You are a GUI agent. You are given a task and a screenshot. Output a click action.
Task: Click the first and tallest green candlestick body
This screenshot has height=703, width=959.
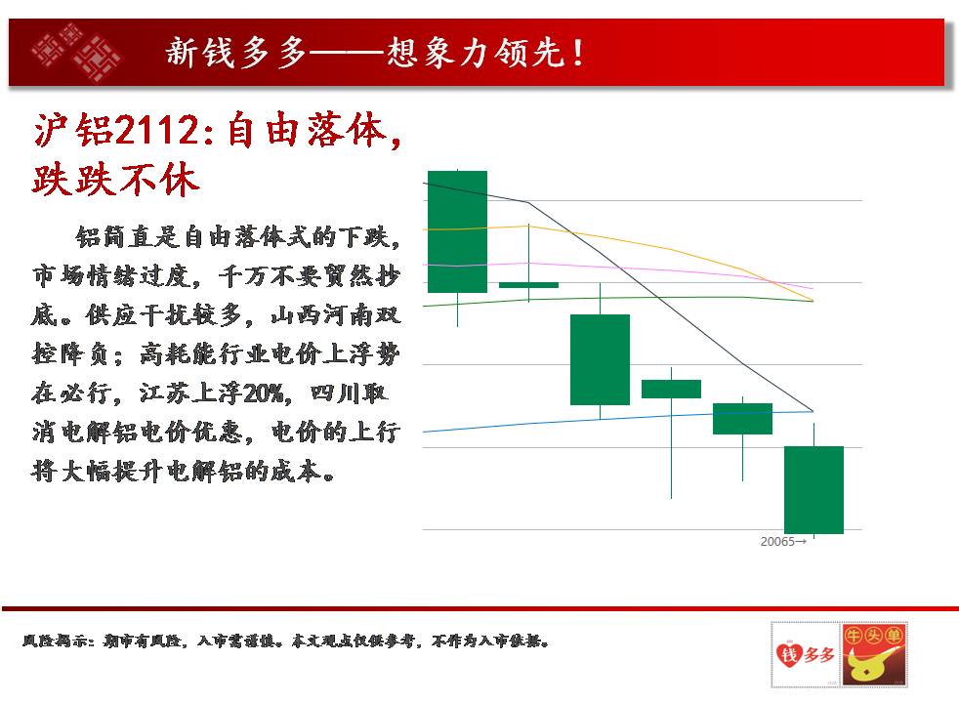point(457,231)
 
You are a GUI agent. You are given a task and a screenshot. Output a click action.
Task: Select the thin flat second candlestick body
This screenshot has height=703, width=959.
point(528,285)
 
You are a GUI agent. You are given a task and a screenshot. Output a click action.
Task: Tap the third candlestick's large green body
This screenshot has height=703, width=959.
point(600,359)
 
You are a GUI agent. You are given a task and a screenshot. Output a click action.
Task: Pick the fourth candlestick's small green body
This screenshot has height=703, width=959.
point(671,389)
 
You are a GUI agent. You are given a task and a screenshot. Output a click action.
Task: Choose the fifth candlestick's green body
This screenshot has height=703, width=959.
point(742,419)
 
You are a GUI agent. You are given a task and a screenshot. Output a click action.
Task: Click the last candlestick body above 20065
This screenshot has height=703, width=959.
point(814,489)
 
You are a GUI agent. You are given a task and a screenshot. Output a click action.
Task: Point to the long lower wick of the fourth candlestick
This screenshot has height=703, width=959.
point(671,449)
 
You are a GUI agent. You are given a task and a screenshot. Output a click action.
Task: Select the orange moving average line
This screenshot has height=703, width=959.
point(618,238)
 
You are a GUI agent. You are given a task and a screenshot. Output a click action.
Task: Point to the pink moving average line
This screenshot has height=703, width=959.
point(618,268)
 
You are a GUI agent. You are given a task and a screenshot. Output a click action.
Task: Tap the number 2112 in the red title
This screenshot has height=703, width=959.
point(157,130)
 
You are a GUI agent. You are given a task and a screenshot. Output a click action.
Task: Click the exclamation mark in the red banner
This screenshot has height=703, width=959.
point(578,53)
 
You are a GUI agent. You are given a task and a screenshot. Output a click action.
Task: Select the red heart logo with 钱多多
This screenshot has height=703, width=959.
point(806,654)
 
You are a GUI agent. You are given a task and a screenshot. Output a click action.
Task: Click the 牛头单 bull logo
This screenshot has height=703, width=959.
point(874,654)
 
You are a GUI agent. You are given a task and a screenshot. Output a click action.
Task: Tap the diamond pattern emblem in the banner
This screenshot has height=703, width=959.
point(76,53)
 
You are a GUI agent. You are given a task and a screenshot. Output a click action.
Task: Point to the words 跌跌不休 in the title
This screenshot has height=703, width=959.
point(116,180)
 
